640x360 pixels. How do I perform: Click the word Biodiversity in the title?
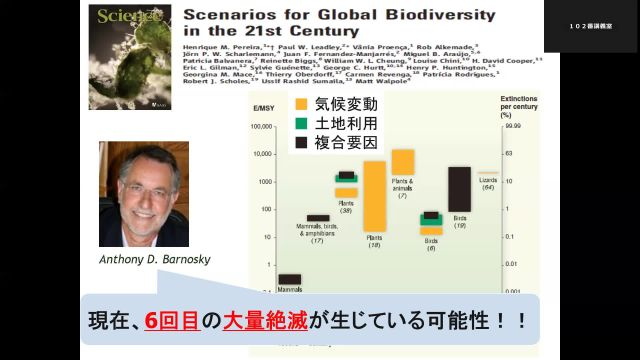(x=436, y=15)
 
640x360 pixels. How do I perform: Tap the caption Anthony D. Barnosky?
(x=155, y=258)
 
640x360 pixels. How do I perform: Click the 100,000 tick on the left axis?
(x=260, y=127)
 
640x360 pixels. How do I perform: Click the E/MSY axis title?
(x=264, y=108)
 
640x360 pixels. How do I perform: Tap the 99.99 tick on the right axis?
(x=514, y=127)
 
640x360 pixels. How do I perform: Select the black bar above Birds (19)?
(x=459, y=189)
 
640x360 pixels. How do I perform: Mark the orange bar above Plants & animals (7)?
(x=403, y=161)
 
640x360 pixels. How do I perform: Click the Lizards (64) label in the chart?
(x=488, y=184)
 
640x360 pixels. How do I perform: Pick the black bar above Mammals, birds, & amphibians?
(x=317, y=217)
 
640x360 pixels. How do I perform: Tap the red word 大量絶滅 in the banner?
(x=269, y=323)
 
